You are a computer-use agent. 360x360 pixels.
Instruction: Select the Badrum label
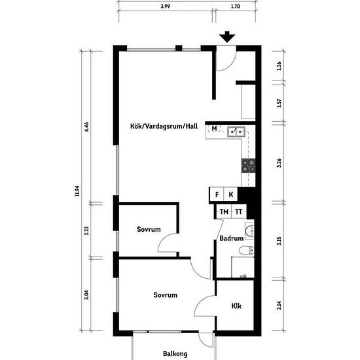click(231, 239)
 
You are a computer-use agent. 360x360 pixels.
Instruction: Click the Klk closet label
click(236, 305)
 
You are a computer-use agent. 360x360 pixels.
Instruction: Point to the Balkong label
click(175, 353)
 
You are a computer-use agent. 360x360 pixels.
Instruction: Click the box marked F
click(216, 195)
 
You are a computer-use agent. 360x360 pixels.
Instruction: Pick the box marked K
click(231, 195)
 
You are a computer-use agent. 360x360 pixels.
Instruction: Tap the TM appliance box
click(224, 211)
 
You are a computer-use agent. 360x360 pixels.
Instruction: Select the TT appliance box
click(240, 211)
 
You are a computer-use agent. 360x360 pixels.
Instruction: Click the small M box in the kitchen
click(214, 128)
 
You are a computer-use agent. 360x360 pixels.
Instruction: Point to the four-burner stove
click(249, 164)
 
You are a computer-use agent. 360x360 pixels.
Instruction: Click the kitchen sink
click(236, 132)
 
